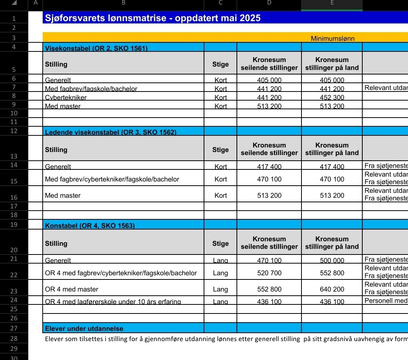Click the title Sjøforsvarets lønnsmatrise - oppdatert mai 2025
153,18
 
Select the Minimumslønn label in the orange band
332,39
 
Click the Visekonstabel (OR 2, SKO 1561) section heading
96,48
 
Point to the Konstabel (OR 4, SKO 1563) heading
90,226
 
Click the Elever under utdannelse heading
84,328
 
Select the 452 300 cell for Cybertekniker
332,98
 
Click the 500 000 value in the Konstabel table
332,260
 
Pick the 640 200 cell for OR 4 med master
332,289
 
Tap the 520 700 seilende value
269,273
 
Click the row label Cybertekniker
66,98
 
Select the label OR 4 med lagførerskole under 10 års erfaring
113,302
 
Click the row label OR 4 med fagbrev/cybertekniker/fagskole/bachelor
121,273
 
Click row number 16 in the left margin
14,197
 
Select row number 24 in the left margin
14,300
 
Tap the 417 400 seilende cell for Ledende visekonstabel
269,167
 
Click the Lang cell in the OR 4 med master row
221,289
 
